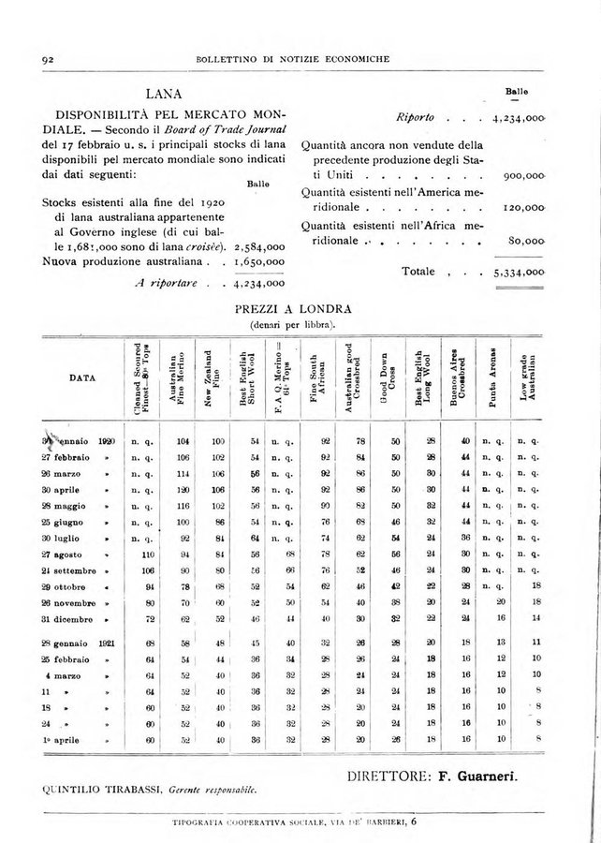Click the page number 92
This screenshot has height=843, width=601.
pyautogui.click(x=44, y=60)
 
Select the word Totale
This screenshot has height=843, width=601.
pyautogui.click(x=418, y=272)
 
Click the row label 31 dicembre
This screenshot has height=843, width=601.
pyautogui.click(x=71, y=620)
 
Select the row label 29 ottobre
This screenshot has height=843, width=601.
pyautogui.click(x=69, y=585)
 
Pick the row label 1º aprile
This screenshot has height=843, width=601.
pyautogui.click(x=66, y=739)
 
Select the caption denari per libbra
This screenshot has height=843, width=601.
pyautogui.click(x=292, y=324)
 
